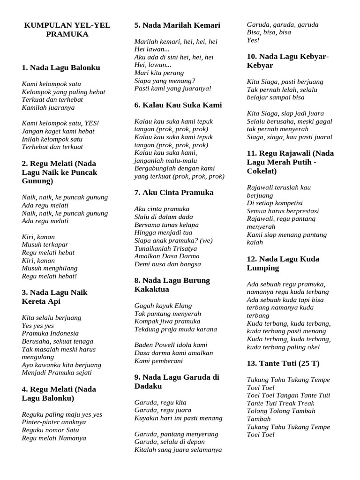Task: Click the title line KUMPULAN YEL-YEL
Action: coord(67,25)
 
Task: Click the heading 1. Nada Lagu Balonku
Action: coord(61,67)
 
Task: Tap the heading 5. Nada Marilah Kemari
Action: coord(177,25)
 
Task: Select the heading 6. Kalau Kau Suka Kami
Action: coord(178,105)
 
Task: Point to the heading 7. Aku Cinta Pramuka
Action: coord(174,192)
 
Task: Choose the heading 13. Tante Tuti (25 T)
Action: coord(283,363)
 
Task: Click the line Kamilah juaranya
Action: coord(48,107)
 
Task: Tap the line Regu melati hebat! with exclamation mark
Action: coord(49,276)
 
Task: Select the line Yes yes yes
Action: coord(38,325)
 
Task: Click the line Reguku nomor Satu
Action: coord(51,430)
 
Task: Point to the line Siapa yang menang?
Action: coord(165,80)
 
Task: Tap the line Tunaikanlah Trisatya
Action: coord(165,248)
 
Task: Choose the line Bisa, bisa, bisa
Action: coord(269,32)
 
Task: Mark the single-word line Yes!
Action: coord(253,40)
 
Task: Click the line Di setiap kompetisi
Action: coord(275,203)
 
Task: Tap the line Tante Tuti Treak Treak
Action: coord(280,403)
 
